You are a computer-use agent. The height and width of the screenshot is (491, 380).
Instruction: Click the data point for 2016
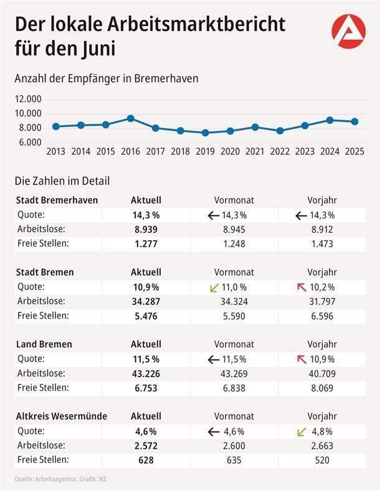(x=130, y=118)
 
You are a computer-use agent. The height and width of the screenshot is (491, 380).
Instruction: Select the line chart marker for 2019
(x=205, y=133)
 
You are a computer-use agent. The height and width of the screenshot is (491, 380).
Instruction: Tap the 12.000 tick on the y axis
(x=28, y=99)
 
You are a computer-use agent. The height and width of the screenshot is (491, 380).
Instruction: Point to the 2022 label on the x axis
(x=280, y=151)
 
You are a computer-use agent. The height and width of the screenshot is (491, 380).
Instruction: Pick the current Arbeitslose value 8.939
(x=146, y=230)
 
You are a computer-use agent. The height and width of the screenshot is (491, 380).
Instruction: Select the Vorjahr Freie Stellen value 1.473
(x=321, y=244)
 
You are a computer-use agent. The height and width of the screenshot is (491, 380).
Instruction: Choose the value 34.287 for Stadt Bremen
(x=146, y=301)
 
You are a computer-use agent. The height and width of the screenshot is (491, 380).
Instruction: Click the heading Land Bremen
(x=43, y=344)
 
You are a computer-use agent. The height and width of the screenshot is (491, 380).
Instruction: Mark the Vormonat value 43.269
(x=234, y=373)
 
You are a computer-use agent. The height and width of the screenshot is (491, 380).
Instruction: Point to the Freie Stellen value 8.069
(x=321, y=388)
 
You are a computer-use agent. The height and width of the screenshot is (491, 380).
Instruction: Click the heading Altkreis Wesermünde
(x=61, y=416)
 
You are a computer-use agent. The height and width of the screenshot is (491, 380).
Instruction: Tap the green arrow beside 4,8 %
(x=301, y=431)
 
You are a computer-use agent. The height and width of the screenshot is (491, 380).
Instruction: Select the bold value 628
(x=146, y=460)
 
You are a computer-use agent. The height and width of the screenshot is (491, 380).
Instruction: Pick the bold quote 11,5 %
(x=146, y=359)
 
